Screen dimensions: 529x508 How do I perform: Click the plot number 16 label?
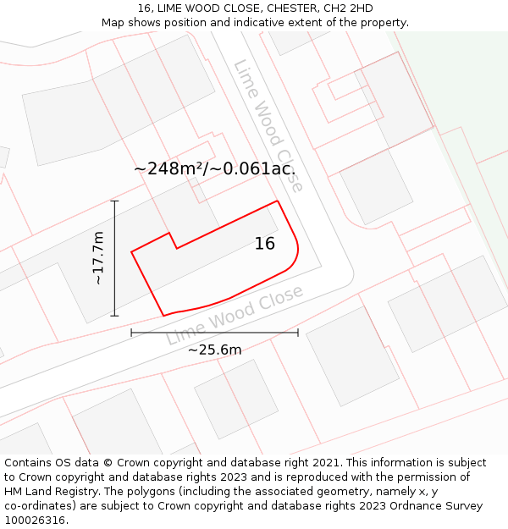(x=264, y=244)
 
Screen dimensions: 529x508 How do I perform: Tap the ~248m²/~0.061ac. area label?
(x=214, y=168)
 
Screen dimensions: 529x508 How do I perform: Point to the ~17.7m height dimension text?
(x=99, y=257)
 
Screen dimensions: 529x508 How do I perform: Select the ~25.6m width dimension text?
(x=214, y=350)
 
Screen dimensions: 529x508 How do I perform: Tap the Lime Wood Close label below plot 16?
(x=235, y=315)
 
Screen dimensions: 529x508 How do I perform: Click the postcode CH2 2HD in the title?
(x=348, y=8)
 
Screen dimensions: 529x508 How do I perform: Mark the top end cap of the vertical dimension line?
(x=114, y=201)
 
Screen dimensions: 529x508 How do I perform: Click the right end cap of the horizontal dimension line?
(x=298, y=333)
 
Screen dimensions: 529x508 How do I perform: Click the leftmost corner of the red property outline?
(x=131, y=251)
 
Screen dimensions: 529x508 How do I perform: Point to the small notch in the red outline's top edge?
(x=173, y=240)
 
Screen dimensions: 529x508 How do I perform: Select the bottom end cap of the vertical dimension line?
(x=114, y=316)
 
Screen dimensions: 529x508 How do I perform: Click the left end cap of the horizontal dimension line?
(x=131, y=333)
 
